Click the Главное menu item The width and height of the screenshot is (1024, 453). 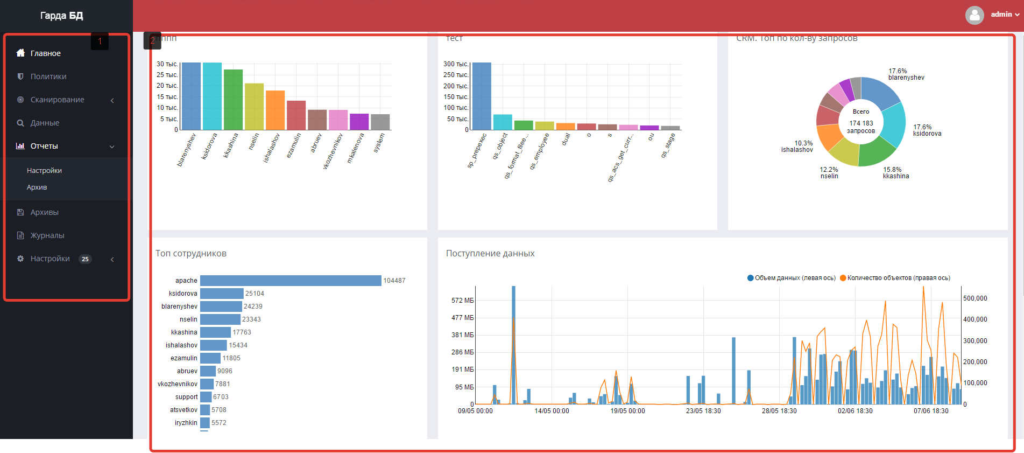tap(45, 53)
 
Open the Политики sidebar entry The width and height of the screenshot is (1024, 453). tap(48, 76)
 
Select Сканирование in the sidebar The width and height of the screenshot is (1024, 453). tap(57, 100)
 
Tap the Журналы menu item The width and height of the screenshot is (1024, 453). tap(47, 235)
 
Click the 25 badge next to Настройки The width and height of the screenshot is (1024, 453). tap(85, 259)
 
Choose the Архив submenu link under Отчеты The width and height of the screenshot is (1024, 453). tap(37, 187)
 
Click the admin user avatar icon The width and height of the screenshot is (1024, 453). tap(974, 15)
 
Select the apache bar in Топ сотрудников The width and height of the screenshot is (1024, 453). tap(291, 281)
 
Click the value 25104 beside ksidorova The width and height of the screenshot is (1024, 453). tap(255, 294)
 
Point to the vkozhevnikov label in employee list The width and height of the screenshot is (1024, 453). tap(178, 384)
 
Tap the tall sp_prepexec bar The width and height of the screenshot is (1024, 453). tap(482, 96)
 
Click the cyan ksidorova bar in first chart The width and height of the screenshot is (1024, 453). tap(212, 96)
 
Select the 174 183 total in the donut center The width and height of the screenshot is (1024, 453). tap(861, 123)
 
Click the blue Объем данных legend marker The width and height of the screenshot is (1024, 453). tap(750, 278)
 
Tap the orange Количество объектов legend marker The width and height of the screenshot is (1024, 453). tap(843, 278)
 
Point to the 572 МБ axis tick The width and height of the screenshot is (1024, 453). tap(462, 301)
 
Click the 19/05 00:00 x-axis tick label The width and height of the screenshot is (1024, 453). tap(627, 411)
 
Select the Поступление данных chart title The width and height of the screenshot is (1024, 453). tap(490, 253)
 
